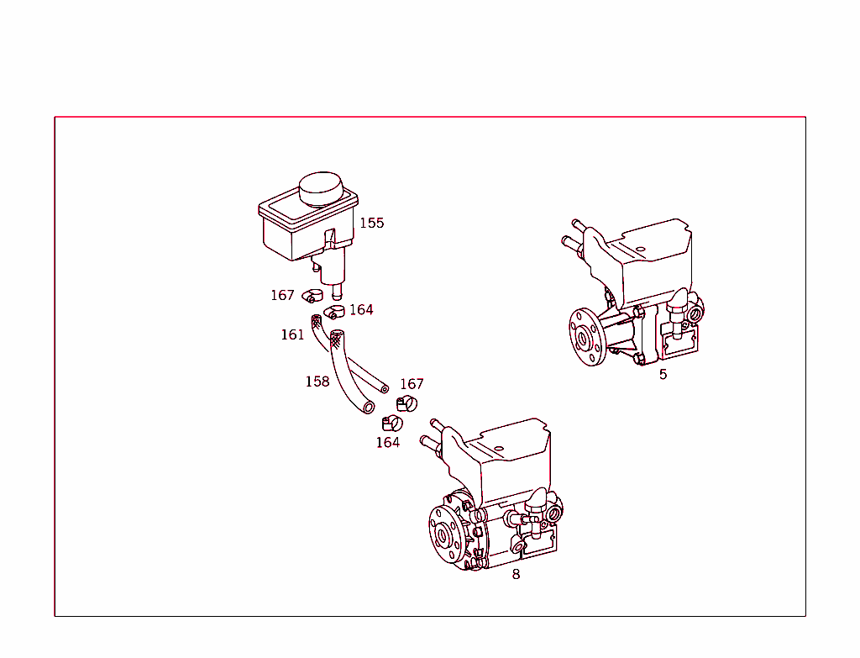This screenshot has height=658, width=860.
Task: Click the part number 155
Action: click(371, 223)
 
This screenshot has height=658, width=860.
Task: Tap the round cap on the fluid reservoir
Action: click(322, 189)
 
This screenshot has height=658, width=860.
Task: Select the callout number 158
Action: click(317, 382)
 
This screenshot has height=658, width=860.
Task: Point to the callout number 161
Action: click(292, 334)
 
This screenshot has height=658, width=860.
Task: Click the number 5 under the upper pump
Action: click(663, 374)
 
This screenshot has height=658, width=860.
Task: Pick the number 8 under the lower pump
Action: click(516, 574)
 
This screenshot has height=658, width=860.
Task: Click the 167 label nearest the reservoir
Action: click(282, 295)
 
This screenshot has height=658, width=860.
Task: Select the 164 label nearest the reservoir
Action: click(361, 309)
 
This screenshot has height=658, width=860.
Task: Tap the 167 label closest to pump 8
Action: click(412, 384)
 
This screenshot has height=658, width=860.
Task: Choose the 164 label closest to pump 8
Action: click(387, 442)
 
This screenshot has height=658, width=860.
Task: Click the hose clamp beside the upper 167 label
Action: click(312, 295)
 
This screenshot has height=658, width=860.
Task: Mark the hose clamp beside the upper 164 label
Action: click(334, 313)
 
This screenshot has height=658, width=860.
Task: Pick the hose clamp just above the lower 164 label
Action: click(391, 423)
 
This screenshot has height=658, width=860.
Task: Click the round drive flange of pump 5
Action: click(583, 338)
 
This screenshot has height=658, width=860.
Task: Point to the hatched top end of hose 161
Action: click(317, 321)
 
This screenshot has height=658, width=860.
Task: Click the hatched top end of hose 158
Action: click(337, 340)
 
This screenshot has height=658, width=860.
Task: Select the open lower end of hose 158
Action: click(368, 408)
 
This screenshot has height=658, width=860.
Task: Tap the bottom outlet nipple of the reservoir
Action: click(337, 293)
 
